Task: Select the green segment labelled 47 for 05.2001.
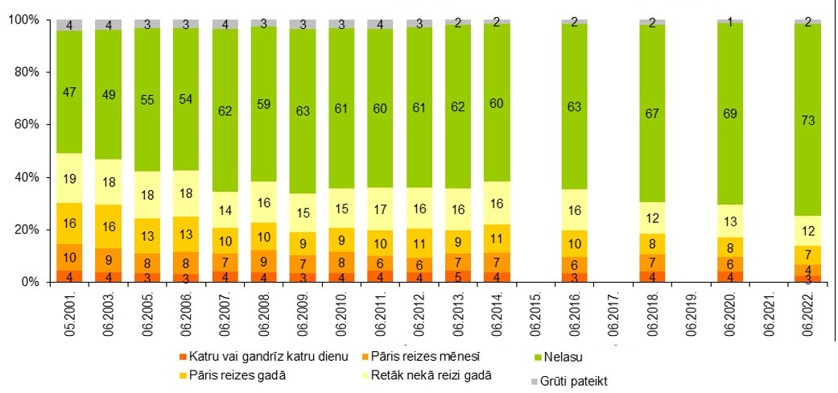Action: tap(69, 93)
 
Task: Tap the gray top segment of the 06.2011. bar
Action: tap(380, 24)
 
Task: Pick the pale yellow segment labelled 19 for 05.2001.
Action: tap(69, 178)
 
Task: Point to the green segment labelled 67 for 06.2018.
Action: tap(652, 113)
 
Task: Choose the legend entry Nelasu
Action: tap(559, 354)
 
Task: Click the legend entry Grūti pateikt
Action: tap(576, 381)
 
